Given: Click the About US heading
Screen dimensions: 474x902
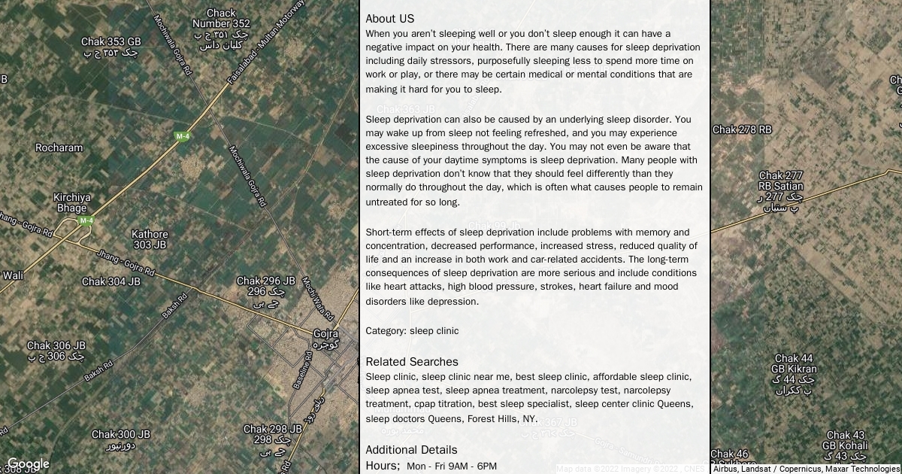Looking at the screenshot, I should [389, 19].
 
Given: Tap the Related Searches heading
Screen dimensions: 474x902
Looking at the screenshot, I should [411, 362].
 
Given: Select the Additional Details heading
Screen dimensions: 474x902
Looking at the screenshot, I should [411, 450].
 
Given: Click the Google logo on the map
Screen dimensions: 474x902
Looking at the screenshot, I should [28, 464].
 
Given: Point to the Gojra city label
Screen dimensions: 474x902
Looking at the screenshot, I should [325, 334].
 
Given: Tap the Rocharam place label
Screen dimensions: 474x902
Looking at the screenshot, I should [59, 147].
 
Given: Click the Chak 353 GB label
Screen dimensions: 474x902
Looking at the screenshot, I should [110, 42].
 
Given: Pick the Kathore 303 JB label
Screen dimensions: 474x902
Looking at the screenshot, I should [150, 239].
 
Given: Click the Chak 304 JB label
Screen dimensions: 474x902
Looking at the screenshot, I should [110, 281].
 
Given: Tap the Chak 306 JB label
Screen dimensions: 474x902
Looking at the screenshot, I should [56, 346].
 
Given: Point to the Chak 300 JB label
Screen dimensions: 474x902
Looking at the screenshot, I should [120, 435].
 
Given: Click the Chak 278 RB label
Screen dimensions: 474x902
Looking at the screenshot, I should [742, 129].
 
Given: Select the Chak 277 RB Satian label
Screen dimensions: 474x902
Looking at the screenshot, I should [781, 181].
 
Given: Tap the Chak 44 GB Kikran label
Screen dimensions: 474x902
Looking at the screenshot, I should [794, 364].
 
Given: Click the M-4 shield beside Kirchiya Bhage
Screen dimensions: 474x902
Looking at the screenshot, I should [86, 220].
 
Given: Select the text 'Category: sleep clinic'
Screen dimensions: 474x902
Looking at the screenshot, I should [412, 331].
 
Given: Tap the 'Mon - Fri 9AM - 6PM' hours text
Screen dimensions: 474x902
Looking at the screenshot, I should [452, 466].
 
